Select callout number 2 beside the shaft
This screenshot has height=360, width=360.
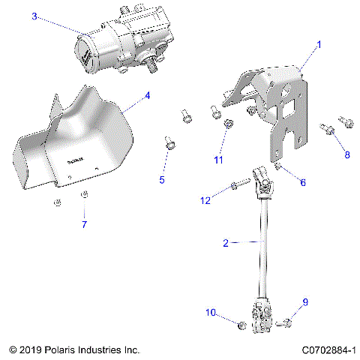[225, 242]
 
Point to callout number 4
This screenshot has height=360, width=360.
[147, 95]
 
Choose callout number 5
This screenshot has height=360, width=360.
[160, 180]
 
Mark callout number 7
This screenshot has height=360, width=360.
[84, 224]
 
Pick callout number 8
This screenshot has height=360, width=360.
[346, 154]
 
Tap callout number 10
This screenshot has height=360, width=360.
[210, 311]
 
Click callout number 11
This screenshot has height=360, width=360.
[218, 160]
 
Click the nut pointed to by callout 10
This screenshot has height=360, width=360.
[241, 325]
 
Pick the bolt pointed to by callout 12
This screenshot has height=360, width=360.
[239, 184]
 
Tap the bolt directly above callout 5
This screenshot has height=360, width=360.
[169, 142]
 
